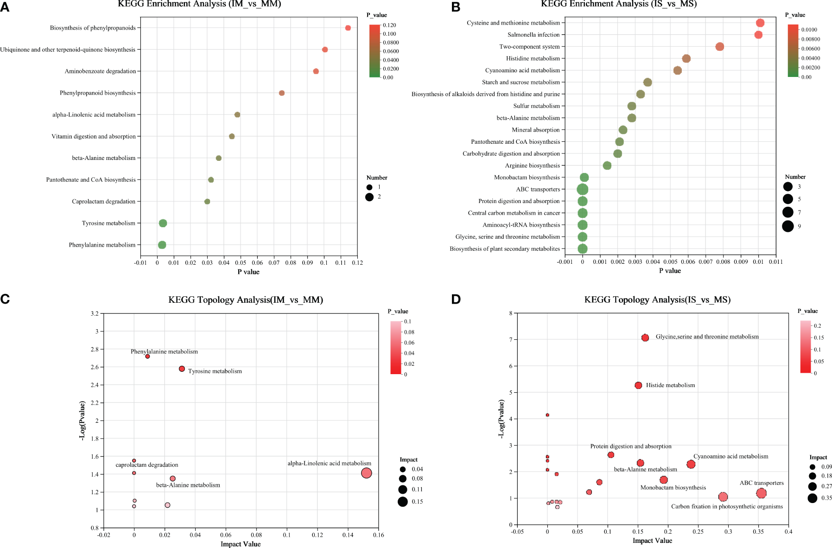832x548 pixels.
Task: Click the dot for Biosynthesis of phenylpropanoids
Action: pyautogui.click(x=348, y=28)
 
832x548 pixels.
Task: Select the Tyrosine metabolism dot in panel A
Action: pyautogui.click(x=163, y=223)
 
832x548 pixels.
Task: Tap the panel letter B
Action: pyautogui.click(x=455, y=7)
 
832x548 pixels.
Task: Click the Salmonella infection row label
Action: pyautogui.click(x=533, y=35)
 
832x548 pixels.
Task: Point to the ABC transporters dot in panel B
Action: pyautogui.click(x=583, y=189)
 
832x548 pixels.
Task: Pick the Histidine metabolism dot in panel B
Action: pyautogui.click(x=686, y=58)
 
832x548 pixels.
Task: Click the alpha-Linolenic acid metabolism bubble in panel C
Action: pyautogui.click(x=366, y=473)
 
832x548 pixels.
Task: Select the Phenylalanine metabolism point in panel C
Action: pyautogui.click(x=147, y=357)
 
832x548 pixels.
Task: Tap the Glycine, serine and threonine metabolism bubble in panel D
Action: pyautogui.click(x=645, y=338)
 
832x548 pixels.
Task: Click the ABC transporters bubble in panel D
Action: pyautogui.click(x=761, y=493)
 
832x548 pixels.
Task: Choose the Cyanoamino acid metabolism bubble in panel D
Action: pyautogui.click(x=691, y=464)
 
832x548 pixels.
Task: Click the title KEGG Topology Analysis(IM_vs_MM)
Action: pyautogui.click(x=246, y=300)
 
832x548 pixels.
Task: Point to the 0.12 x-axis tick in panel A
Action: pyautogui.click(x=357, y=263)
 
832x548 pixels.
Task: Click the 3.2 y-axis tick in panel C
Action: pyautogui.click(x=94, y=314)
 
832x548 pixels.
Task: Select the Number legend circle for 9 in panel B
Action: pyautogui.click(x=788, y=226)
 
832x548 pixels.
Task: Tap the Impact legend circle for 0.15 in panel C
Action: pyautogui.click(x=402, y=501)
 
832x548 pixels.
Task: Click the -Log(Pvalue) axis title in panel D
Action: pyautogui.click(x=501, y=419)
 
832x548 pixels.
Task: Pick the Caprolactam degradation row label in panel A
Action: pyautogui.click(x=103, y=202)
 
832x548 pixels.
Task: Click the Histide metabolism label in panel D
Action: pyautogui.click(x=670, y=385)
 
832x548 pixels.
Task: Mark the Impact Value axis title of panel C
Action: pyautogui.click(x=241, y=544)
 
